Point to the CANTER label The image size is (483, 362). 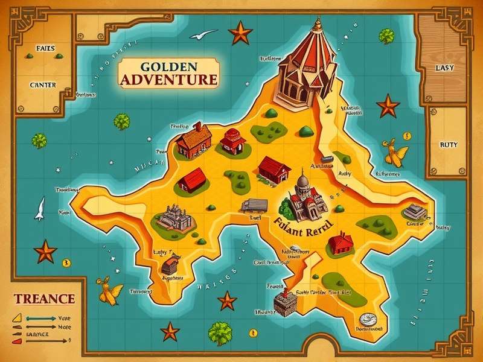click(x=42, y=85)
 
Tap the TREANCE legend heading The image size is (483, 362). click(x=44, y=299)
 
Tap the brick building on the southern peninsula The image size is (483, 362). click(x=284, y=301)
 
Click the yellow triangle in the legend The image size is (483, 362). click(x=18, y=316)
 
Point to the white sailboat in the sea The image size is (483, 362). click(x=40, y=208)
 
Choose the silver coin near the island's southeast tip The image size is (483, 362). click(x=366, y=318)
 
